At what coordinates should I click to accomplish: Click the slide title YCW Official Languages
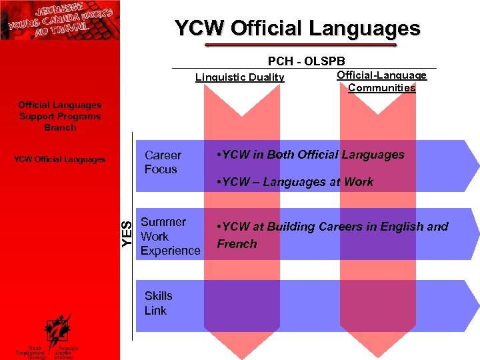click(297, 29)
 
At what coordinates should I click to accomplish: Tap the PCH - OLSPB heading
click(306, 61)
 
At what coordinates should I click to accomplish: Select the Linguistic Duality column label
click(239, 77)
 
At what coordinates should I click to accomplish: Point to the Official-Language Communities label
click(381, 81)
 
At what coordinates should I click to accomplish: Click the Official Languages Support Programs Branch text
click(60, 116)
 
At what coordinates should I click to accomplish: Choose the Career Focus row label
click(162, 162)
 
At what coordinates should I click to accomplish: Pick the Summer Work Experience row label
click(170, 236)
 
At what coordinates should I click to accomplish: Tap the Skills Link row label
click(158, 303)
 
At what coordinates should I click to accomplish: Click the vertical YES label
click(127, 234)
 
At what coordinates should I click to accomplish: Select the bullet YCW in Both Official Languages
click(311, 155)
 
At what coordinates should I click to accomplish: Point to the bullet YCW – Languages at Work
click(295, 182)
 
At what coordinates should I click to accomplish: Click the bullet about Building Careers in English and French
click(332, 235)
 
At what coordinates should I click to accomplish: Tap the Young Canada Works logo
click(60, 20)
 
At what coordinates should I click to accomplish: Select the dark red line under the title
click(300, 45)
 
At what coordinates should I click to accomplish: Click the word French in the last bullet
click(237, 244)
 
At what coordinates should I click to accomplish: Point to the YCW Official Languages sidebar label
click(60, 159)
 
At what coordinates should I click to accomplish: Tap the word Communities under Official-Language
click(381, 88)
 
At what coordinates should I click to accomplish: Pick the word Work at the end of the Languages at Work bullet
click(359, 182)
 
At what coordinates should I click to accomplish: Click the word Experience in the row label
click(170, 251)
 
